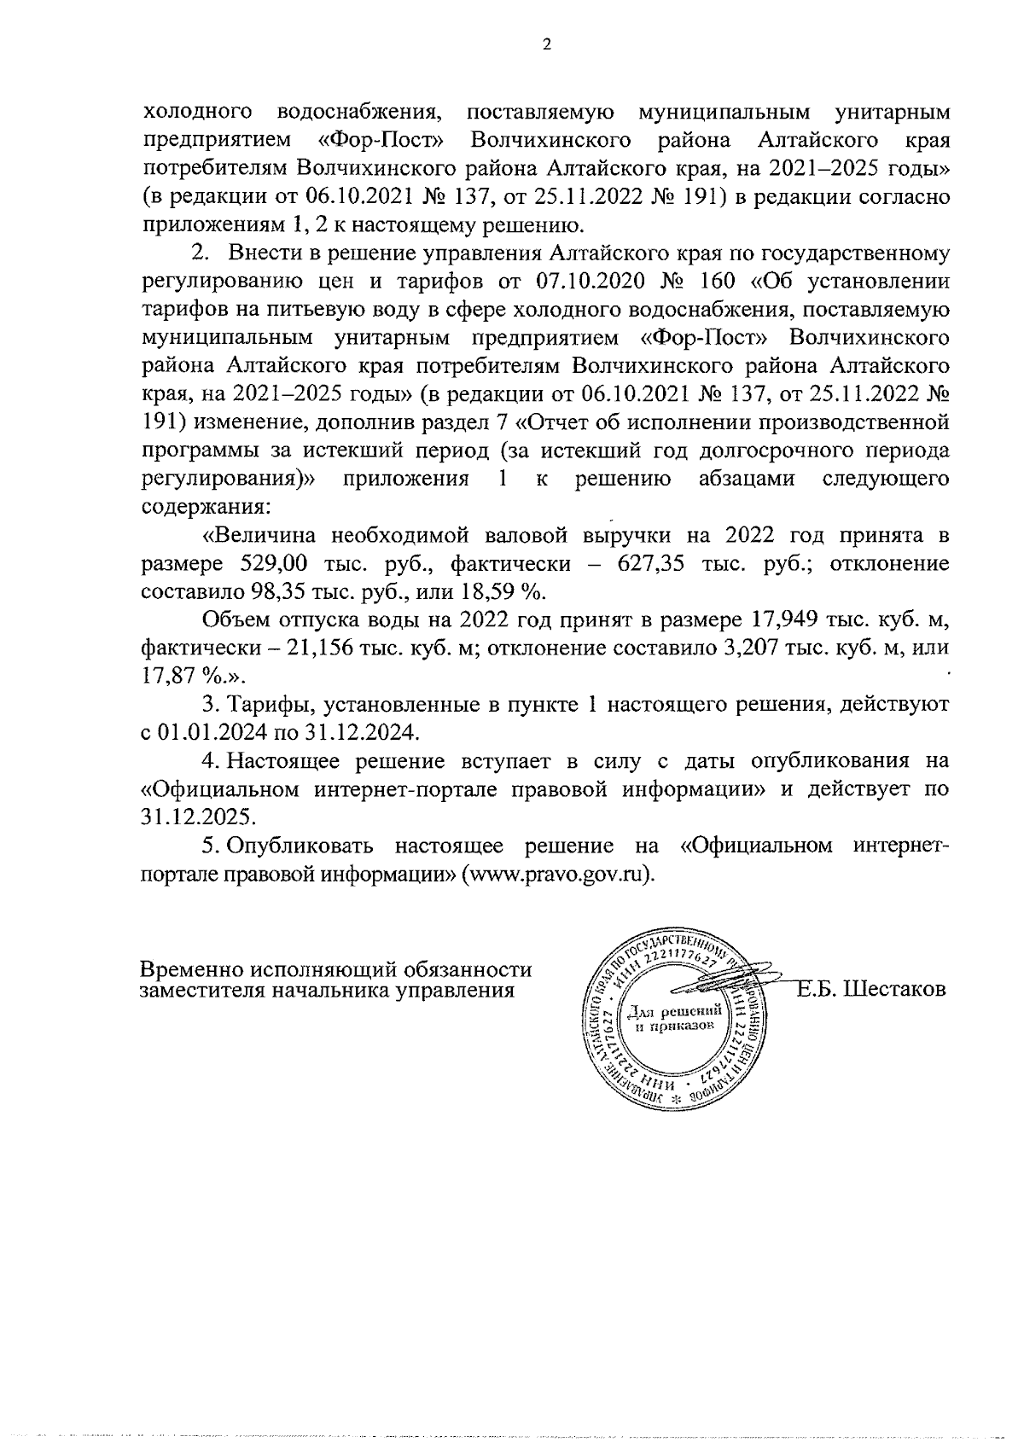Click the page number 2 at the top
pyautogui.click(x=546, y=45)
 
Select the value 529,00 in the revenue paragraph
pyautogui.click(x=265, y=564)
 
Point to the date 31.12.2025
pyautogui.click(x=198, y=817)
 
